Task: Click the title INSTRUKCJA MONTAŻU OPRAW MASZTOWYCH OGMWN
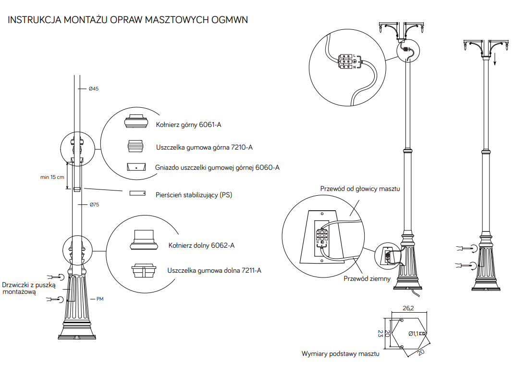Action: [x=128, y=20]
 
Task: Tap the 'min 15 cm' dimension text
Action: [x=52, y=177]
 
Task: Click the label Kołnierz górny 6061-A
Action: [x=189, y=125]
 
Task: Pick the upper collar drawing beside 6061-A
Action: [x=135, y=121]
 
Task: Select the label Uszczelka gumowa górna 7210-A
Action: [x=204, y=147]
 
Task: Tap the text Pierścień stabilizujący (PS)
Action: [x=194, y=195]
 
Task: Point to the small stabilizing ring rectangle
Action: [x=137, y=193]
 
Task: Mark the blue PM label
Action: [x=100, y=299]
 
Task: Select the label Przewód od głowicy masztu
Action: [x=360, y=189]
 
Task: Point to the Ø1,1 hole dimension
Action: [x=413, y=333]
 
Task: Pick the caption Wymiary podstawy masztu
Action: [x=340, y=354]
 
